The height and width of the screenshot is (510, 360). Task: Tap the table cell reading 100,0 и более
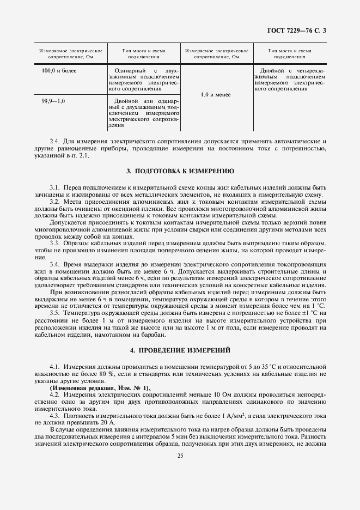click(59, 71)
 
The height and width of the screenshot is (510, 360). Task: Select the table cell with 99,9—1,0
click(53, 101)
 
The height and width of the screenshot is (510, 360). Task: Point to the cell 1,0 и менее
click(215, 94)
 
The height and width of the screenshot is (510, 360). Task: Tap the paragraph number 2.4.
click(55, 142)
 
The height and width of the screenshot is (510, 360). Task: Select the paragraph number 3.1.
click(55, 187)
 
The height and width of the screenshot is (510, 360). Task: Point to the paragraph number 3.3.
click(55, 241)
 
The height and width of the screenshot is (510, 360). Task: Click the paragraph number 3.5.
click(55, 312)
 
